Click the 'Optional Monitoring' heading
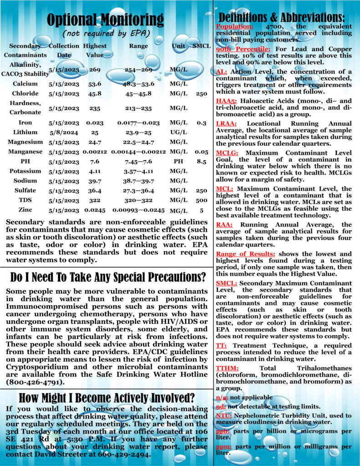point(106,20)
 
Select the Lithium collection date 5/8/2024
point(64,132)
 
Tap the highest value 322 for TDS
point(95,200)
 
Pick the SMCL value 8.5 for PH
point(198,161)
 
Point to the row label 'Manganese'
point(25,152)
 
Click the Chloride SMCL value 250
point(198,93)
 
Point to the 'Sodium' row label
point(25,181)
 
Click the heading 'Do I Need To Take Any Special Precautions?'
point(107,277)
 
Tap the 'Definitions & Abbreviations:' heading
point(285,17)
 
